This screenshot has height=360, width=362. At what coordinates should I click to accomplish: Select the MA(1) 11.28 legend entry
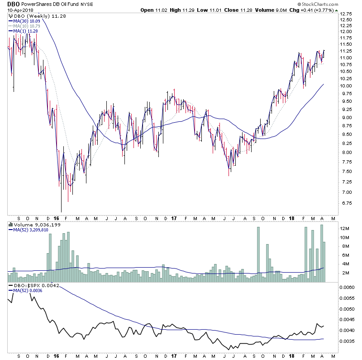coord(25,32)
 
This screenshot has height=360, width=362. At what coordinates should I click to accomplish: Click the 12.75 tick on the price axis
coord(346,14)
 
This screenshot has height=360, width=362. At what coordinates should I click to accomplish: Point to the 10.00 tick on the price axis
coord(346,86)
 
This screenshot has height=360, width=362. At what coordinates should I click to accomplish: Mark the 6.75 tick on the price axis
coord(346,203)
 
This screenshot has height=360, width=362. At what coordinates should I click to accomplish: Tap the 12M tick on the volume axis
coord(345,228)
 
